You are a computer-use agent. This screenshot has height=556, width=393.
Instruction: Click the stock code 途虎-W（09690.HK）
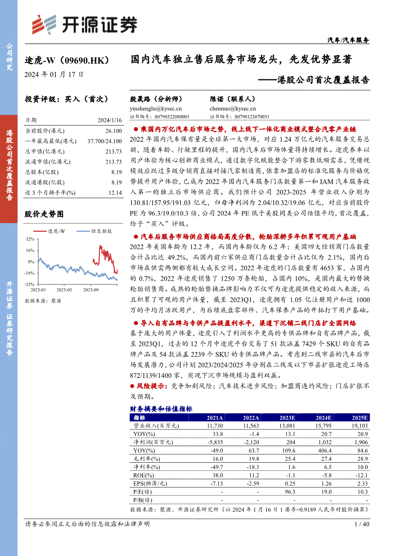click(x=68, y=61)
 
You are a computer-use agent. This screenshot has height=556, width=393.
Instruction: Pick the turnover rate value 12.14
click(x=115, y=193)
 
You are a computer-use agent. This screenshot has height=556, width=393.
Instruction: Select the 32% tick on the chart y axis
click(x=29, y=239)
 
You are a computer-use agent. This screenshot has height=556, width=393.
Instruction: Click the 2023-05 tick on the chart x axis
click(x=64, y=289)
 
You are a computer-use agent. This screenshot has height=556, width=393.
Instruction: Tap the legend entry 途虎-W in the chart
click(x=60, y=231)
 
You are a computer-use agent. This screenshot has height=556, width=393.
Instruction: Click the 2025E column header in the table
click(x=361, y=418)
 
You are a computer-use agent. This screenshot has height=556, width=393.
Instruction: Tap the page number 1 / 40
click(x=362, y=524)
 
